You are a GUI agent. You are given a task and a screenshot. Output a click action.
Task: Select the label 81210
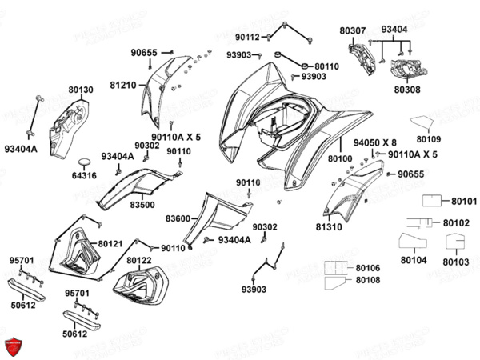click(122, 83)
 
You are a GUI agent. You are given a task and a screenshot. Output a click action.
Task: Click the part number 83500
click(142, 205)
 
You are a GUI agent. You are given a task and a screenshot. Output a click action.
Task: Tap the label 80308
click(409, 90)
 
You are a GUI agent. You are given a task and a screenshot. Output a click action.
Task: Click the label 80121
click(111, 243)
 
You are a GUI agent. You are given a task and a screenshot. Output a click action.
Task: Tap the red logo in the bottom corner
click(12, 347)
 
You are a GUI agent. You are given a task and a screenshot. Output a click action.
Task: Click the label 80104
click(414, 261)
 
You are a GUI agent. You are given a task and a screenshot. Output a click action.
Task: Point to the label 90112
click(247, 37)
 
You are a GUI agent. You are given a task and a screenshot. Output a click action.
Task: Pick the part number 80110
click(326, 66)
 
